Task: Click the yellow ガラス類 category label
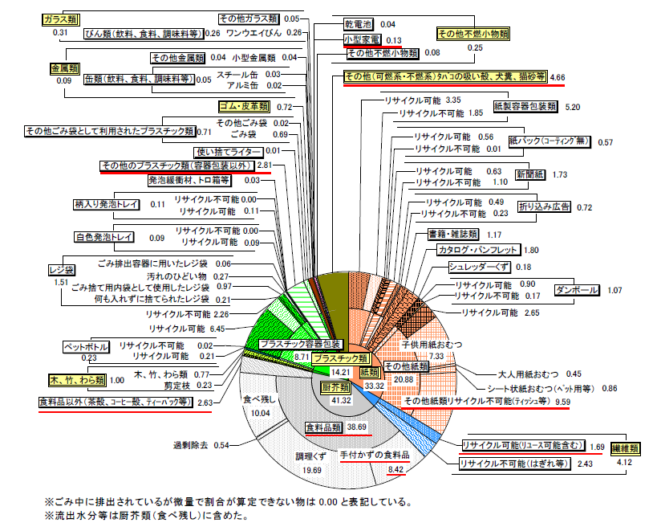click(61, 20)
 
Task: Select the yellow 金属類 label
click(64, 69)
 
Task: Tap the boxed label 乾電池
click(358, 24)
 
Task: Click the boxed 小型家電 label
click(362, 40)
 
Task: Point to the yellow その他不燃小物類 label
click(473, 34)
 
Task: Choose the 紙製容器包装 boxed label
click(525, 107)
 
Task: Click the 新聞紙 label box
click(530, 174)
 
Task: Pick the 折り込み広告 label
click(544, 206)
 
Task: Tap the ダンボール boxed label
click(577, 290)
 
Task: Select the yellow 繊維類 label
click(625, 448)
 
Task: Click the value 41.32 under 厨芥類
click(342, 400)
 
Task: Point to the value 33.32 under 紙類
click(374, 386)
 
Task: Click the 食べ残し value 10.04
click(260, 413)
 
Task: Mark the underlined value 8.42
click(396, 469)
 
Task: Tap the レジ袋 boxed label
click(62, 270)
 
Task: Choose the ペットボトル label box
click(86, 347)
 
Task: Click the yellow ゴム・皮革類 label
click(244, 107)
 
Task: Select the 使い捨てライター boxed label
click(229, 152)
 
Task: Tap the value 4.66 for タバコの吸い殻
click(558, 78)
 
